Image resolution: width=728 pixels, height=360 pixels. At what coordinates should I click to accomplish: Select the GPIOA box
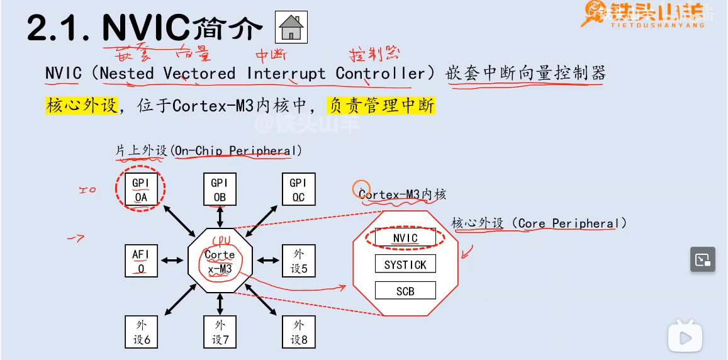point(140,189)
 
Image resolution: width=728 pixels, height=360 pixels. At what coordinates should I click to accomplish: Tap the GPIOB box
point(219,189)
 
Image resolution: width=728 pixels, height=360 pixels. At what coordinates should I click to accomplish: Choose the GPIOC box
point(298,189)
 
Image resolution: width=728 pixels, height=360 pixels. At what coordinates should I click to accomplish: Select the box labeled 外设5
point(298,261)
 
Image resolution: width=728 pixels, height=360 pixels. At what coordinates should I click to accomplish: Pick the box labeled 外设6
point(140,332)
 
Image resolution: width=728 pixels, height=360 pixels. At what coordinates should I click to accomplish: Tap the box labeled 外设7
point(220,332)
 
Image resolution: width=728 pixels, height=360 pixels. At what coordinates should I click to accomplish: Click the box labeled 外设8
point(298,332)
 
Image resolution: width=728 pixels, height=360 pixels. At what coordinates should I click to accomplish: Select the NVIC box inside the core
point(405,238)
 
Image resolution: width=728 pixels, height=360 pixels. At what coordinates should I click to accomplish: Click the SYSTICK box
point(405,264)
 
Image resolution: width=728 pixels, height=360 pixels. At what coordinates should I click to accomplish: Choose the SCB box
point(405,291)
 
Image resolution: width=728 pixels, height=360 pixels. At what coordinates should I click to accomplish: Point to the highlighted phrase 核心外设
point(82,105)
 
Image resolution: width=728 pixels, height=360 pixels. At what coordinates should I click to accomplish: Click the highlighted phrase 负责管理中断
point(381,105)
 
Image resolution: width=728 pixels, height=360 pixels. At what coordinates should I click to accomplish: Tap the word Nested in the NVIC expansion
point(126,73)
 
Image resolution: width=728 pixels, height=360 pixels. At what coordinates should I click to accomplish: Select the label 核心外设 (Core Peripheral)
point(539,223)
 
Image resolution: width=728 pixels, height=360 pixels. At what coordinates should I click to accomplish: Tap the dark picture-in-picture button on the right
point(702,259)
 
